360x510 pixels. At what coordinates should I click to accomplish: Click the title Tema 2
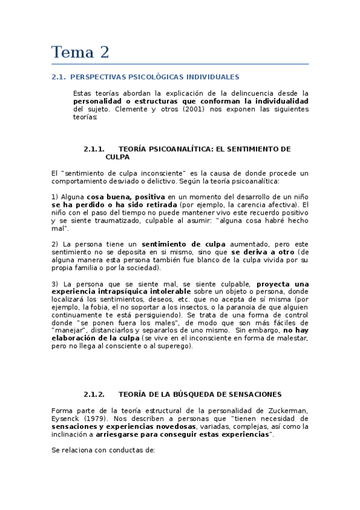pyautogui.click(x=80, y=52)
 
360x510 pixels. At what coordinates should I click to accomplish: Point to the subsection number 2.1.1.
pyautogui.click(x=94, y=149)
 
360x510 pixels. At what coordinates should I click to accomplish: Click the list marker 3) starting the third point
pyautogui.click(x=55, y=283)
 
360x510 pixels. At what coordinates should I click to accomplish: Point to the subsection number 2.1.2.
pyautogui.click(x=94, y=395)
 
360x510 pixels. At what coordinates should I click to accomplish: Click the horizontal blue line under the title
pyautogui.click(x=180, y=64)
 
